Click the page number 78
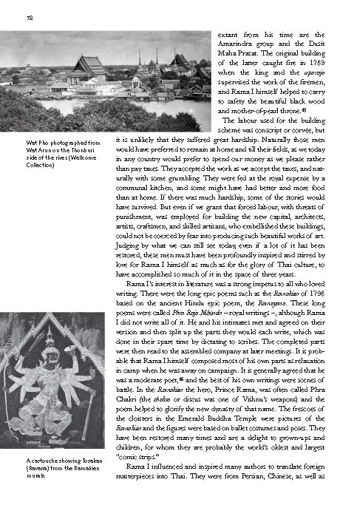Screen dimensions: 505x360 coord(28,17)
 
